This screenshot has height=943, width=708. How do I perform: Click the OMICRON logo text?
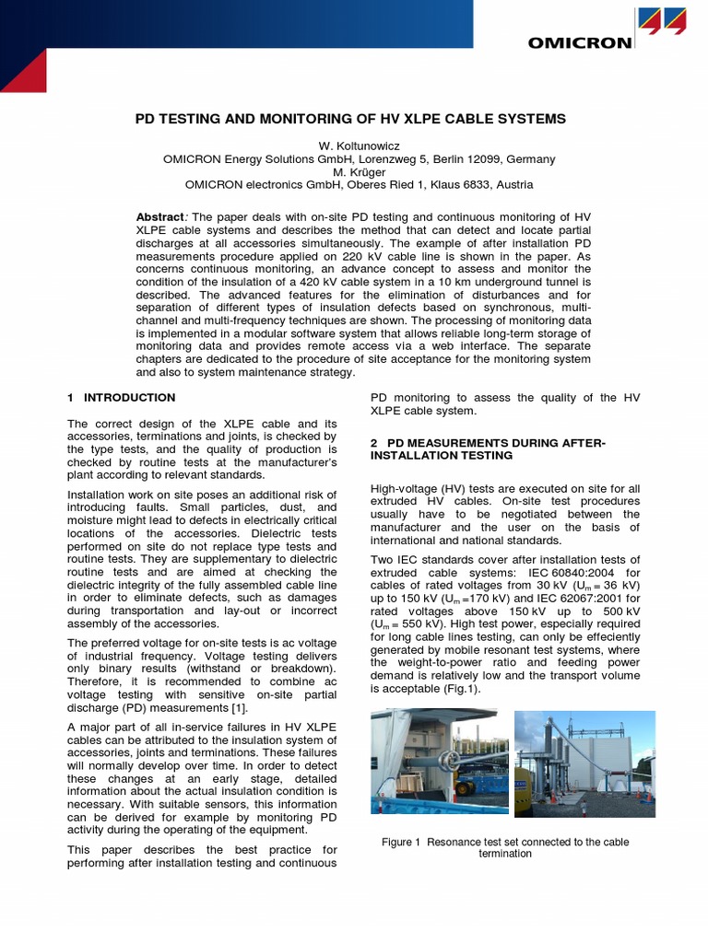[x=580, y=42]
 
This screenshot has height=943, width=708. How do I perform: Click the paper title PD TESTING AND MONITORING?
[x=350, y=119]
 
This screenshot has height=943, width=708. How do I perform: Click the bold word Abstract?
[x=159, y=216]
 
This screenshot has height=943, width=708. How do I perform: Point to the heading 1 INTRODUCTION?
[x=121, y=398]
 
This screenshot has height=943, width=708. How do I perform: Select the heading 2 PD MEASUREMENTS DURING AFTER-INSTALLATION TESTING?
[x=488, y=449]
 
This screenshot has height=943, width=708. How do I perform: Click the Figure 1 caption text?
[x=505, y=847]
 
